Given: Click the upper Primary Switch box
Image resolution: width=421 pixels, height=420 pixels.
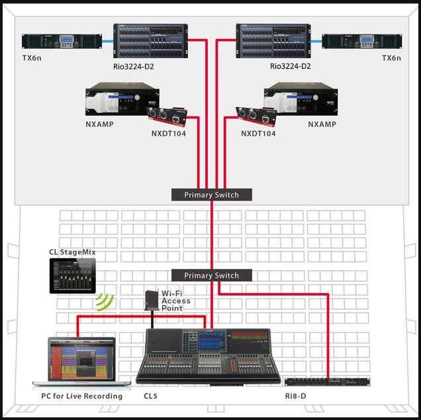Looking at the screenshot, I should [x=212, y=194].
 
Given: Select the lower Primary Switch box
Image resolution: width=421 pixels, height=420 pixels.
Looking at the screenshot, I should [x=212, y=275].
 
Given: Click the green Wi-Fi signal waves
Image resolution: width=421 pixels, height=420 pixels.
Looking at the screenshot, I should [x=104, y=302].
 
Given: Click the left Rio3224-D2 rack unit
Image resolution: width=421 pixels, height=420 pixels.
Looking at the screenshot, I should [x=150, y=42].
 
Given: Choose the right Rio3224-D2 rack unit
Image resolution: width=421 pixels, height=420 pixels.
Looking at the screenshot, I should [x=273, y=42].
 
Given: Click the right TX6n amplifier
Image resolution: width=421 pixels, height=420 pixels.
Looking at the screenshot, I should [x=362, y=42].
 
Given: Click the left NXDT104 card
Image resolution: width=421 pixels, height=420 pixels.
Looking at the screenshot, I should [x=166, y=117].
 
